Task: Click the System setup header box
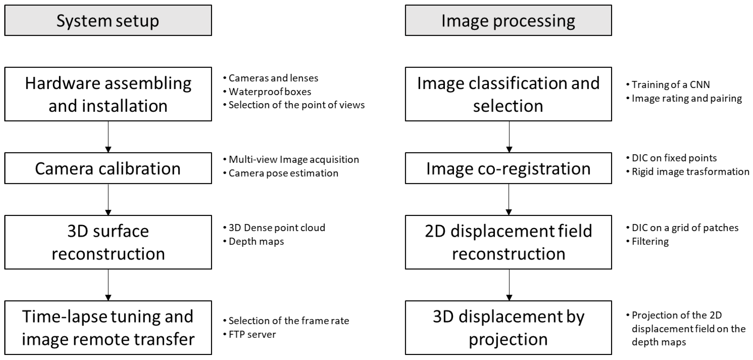tap(108, 20)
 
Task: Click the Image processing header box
tap(508, 20)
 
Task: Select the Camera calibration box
tap(108, 168)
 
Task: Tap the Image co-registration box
tap(508, 168)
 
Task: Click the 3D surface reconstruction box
tap(108, 242)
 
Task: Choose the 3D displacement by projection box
tap(508, 327)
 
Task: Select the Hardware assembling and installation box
tap(108, 94)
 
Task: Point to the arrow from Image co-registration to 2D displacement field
tap(509, 200)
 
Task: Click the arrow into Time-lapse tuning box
tap(108, 285)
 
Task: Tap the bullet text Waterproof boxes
tap(269, 92)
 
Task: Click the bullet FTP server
tap(252, 334)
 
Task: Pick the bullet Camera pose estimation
tap(283, 173)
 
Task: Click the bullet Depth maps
tap(256, 241)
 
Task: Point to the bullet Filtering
tap(650, 241)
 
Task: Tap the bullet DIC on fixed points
tap(674, 158)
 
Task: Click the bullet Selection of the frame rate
tap(288, 321)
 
